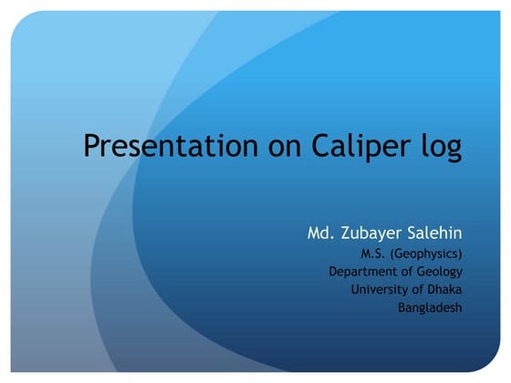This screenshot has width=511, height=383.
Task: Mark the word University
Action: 380,289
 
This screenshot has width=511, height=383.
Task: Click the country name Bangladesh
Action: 430,307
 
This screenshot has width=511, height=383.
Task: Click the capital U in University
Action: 355,289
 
